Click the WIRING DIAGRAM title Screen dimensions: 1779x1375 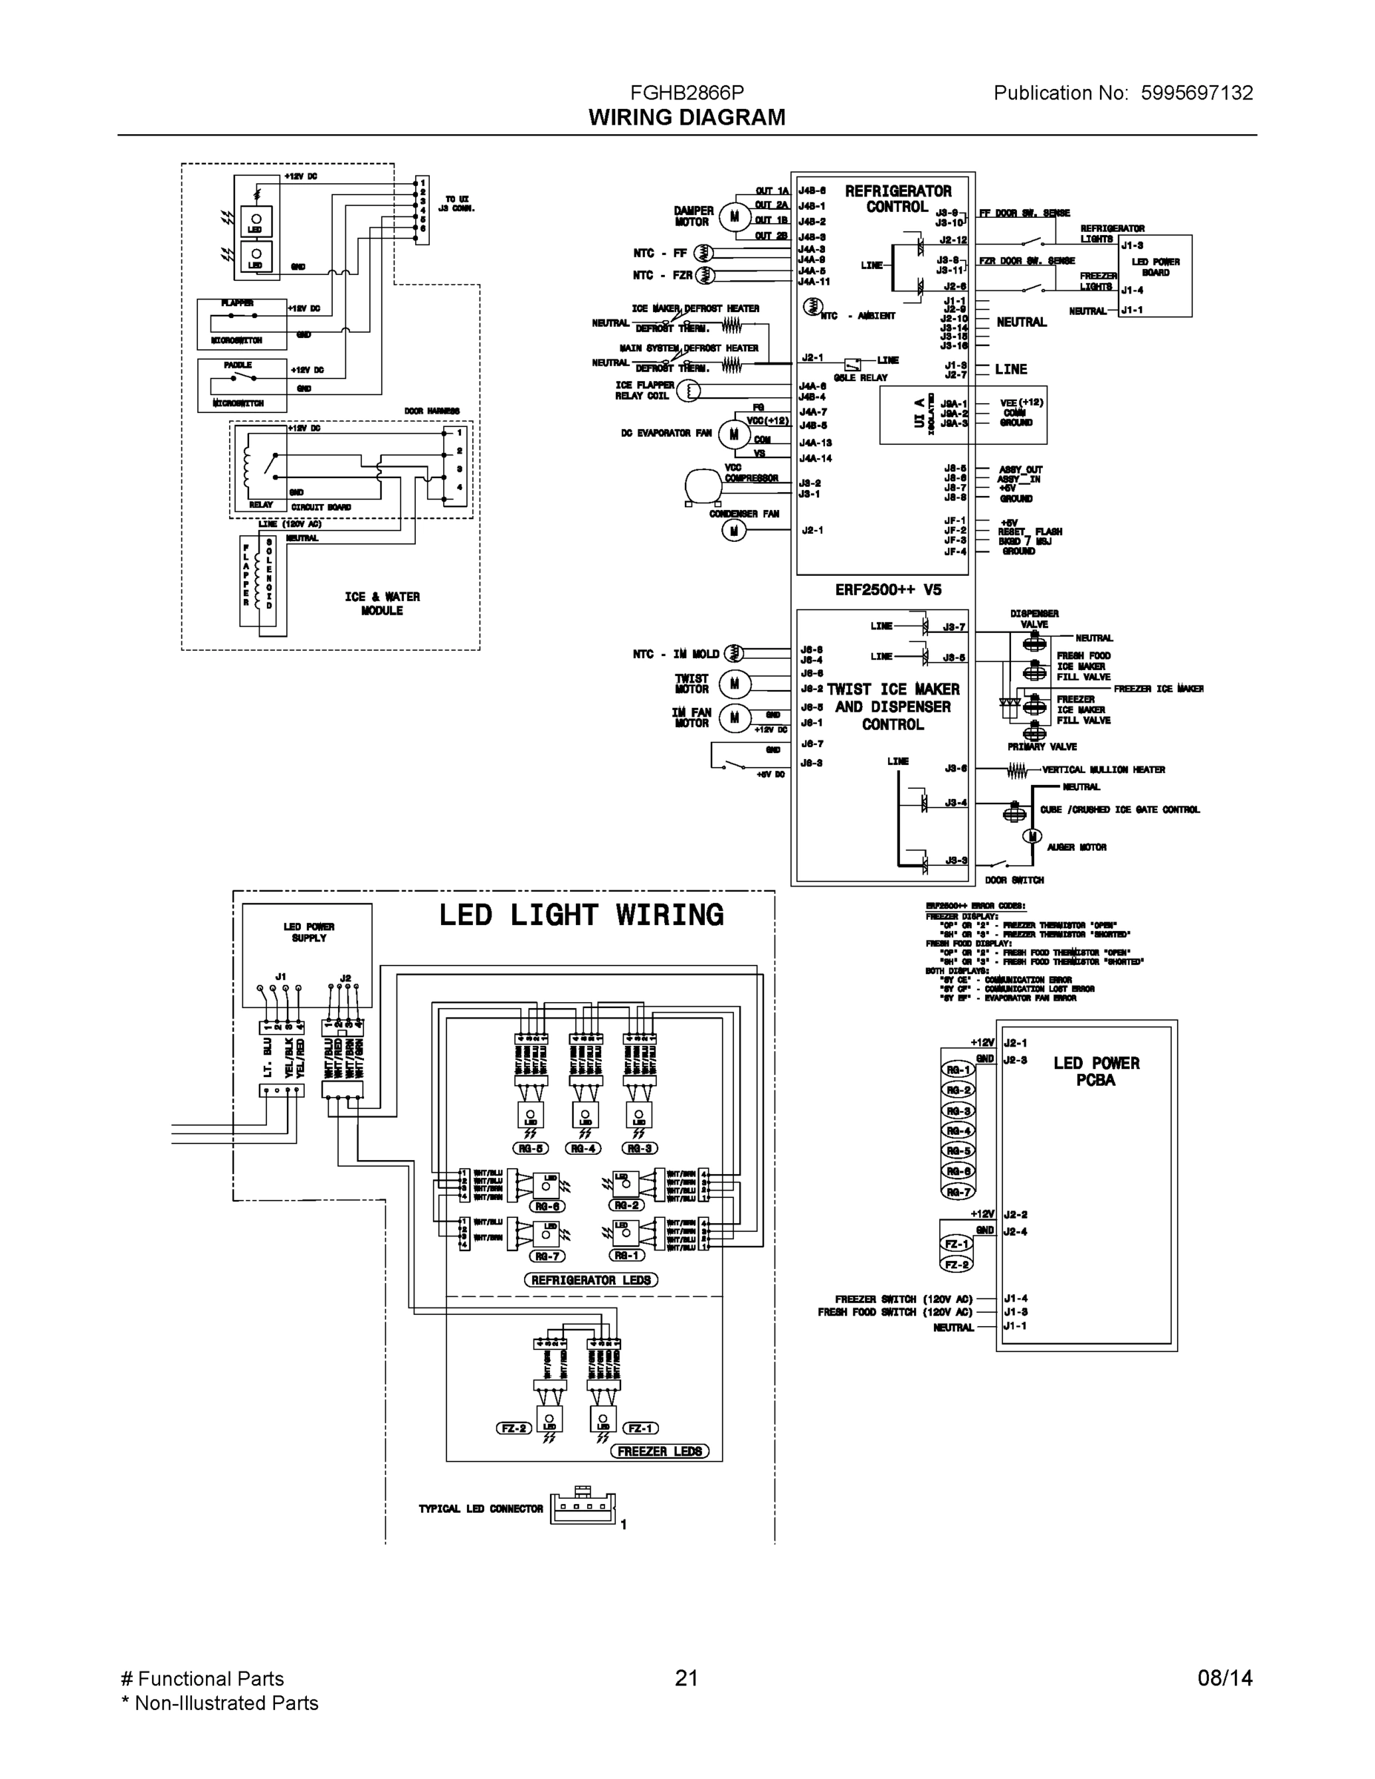point(686,117)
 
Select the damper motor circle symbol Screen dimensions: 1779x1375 point(734,216)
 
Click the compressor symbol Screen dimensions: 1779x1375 point(702,486)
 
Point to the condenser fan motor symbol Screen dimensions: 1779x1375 point(733,531)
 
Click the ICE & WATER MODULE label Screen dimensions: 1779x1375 point(382,603)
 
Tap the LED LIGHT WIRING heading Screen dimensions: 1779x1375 point(581,915)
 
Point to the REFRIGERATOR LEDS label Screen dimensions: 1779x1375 point(591,1279)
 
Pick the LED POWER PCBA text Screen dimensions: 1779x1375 point(1096,1071)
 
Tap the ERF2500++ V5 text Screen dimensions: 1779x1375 point(887,590)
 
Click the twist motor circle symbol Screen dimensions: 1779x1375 point(734,683)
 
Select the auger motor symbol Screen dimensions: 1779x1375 point(1032,837)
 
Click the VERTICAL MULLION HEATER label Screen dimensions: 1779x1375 point(1103,769)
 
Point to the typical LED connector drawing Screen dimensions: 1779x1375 point(583,1508)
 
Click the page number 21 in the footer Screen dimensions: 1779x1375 point(686,1677)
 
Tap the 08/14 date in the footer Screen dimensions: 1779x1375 point(1225,1677)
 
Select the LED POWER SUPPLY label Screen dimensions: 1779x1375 point(308,932)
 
